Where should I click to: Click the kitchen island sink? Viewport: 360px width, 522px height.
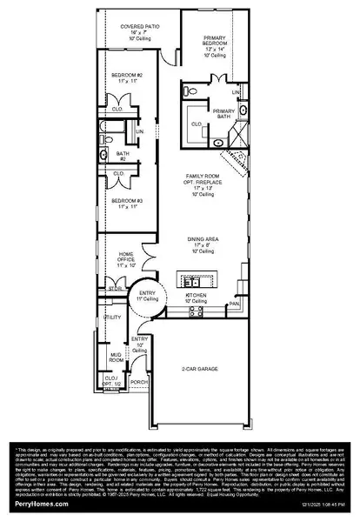[195, 281]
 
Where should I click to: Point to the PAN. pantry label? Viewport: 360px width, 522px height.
[235, 304]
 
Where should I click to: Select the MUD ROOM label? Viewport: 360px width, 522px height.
[115, 356]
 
